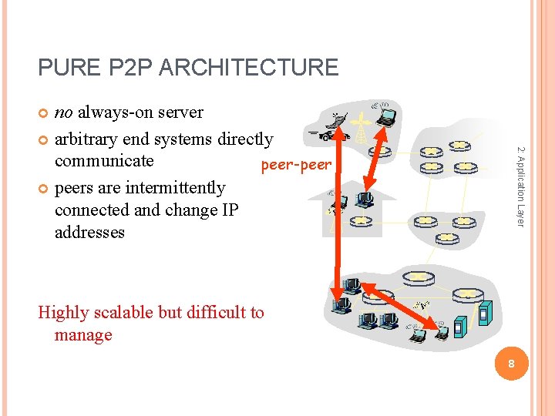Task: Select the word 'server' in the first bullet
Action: click(179, 112)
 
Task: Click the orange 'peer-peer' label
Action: click(296, 165)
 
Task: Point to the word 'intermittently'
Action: click(175, 187)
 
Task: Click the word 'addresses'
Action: click(89, 232)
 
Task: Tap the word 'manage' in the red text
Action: click(83, 334)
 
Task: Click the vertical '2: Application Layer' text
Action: click(521, 186)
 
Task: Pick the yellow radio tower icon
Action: click(361, 129)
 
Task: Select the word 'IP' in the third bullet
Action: click(230, 210)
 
